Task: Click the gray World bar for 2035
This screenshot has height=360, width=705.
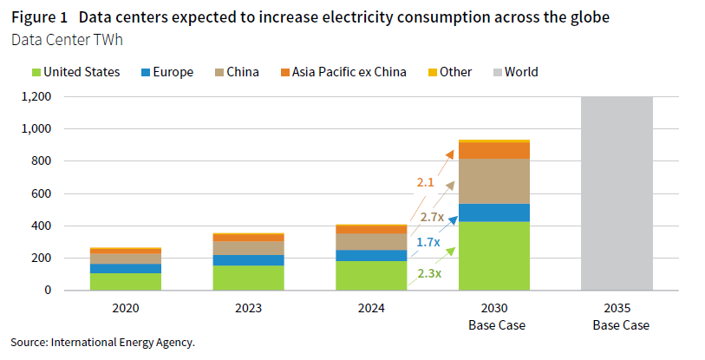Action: coord(616,193)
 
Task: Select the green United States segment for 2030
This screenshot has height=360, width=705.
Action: coord(493,256)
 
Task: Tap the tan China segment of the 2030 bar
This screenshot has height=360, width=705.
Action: coord(493,181)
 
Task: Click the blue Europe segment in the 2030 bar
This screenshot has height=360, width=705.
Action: coord(493,213)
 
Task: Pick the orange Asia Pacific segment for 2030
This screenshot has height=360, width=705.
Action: coord(493,150)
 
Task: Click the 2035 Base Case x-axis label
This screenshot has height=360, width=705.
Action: coord(616,317)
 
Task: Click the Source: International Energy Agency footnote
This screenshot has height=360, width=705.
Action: coord(102,343)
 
